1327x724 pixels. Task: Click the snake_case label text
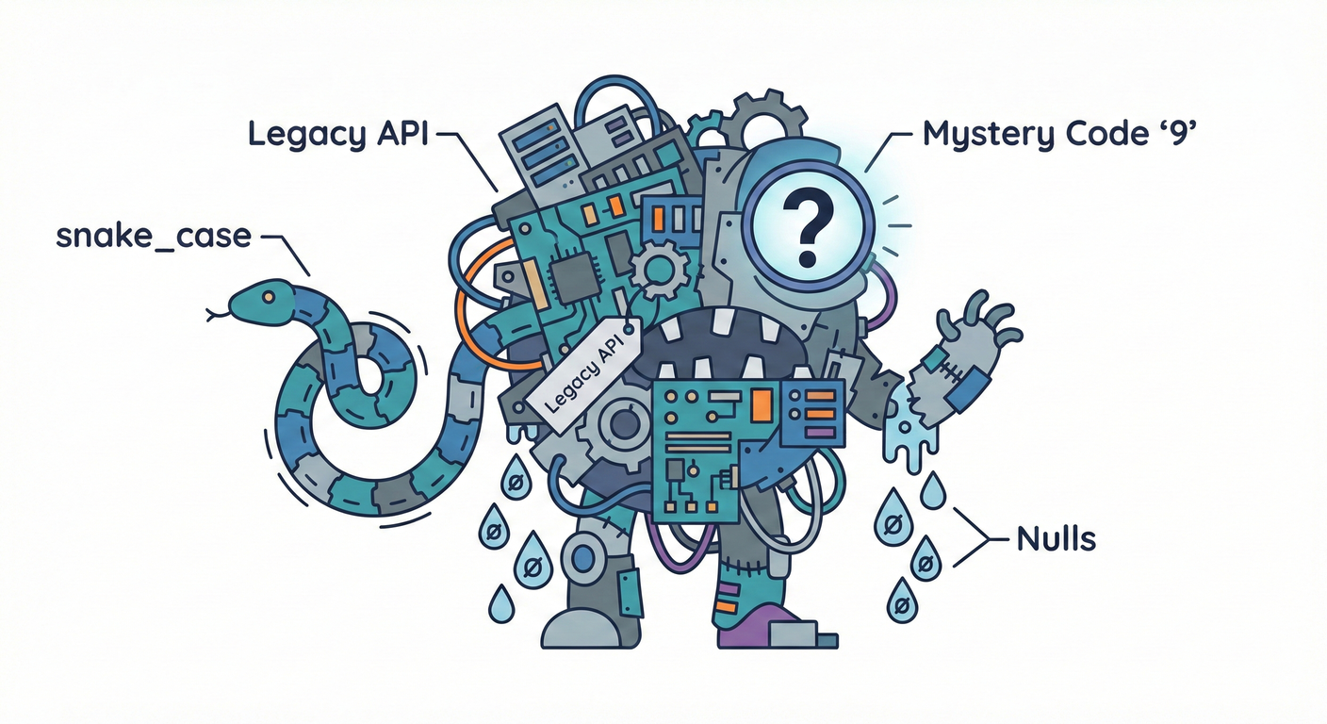154,237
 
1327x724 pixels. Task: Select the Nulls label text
1056,539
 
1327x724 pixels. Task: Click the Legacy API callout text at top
337,135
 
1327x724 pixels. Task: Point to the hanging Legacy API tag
582,372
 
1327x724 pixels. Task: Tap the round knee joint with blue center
584,558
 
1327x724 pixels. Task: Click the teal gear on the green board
658,270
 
